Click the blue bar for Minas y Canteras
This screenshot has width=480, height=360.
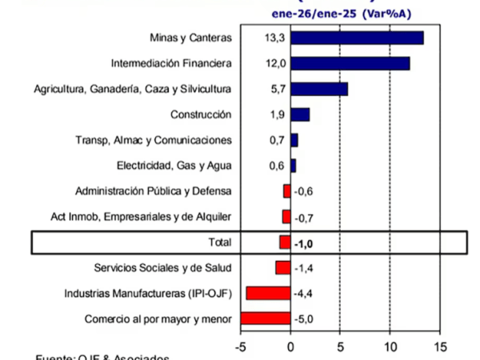click(357, 38)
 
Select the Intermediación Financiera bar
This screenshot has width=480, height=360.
click(350, 63)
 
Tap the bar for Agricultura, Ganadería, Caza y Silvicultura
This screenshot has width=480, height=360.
click(319, 89)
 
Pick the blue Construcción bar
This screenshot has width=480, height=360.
click(300, 114)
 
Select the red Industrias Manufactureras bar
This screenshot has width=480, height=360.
click(268, 294)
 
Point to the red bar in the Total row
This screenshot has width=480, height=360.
click(285, 242)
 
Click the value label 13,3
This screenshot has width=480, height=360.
click(272, 38)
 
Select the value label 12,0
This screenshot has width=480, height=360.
click(272, 63)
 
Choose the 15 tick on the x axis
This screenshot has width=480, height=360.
click(439, 347)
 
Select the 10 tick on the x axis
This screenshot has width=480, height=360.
click(390, 347)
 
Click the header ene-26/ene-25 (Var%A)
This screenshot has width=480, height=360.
click(342, 12)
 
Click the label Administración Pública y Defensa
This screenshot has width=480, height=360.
click(153, 191)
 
